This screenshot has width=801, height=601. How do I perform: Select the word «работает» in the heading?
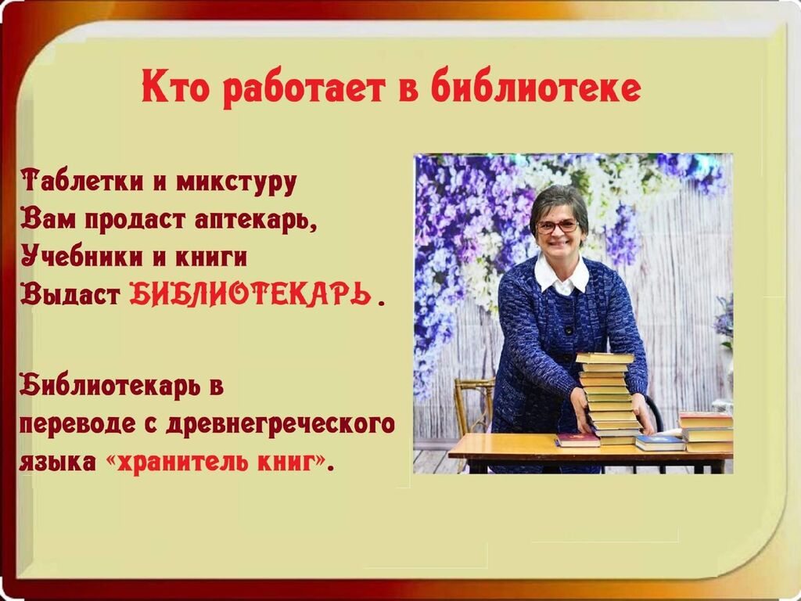pos(304,88)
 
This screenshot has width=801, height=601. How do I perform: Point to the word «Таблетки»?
pos(82,181)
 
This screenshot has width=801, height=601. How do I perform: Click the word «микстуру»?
pos(236,183)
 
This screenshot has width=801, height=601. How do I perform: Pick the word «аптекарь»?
pos(256,221)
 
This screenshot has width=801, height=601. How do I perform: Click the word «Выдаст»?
pos(70,294)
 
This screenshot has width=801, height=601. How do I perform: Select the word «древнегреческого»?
pos(281,424)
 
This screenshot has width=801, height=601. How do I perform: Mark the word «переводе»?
pos(77,424)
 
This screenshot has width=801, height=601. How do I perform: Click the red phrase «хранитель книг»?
pos(215,462)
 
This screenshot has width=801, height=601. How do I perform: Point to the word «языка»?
pos(58,462)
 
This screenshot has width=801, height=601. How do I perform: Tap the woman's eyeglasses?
pos(557,226)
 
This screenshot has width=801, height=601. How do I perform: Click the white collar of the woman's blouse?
pos(562,275)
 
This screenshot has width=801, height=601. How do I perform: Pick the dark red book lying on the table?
pos(577,440)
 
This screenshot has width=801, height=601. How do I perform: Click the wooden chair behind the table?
pos(472,408)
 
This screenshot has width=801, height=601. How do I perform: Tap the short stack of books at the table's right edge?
pos(706,432)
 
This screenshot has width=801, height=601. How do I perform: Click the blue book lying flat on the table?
pos(659,443)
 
